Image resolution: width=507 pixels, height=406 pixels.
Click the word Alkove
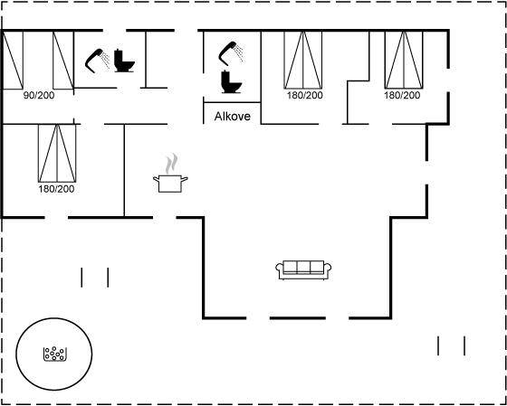[232, 117]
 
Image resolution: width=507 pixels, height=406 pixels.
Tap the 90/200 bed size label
[39, 96]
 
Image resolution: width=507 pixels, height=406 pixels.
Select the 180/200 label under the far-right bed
[402, 96]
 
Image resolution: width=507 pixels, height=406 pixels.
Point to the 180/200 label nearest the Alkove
[304, 96]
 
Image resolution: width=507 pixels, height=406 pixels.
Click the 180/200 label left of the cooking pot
[56, 189]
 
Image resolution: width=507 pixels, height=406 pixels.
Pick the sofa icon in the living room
[303, 270]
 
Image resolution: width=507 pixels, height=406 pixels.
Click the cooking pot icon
[170, 184]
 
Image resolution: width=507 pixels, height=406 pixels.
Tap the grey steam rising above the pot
[171, 164]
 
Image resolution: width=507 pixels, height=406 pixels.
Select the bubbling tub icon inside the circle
[54, 354]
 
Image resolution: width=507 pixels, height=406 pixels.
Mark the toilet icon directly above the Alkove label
[231, 82]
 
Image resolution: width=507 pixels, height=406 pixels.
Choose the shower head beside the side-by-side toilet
[98, 61]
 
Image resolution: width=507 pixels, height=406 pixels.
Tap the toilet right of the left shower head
[124, 61]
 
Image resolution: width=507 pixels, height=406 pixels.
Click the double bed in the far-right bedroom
[404, 60]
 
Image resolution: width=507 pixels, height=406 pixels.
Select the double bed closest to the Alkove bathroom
[303, 60]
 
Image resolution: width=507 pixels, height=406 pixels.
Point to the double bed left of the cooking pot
[57, 153]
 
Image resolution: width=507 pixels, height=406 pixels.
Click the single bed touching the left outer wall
[13, 60]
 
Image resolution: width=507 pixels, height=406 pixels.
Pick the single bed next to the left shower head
[63, 60]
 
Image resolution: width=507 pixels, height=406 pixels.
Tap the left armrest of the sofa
[280, 269]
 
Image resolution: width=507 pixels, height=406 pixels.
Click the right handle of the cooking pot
[185, 179]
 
